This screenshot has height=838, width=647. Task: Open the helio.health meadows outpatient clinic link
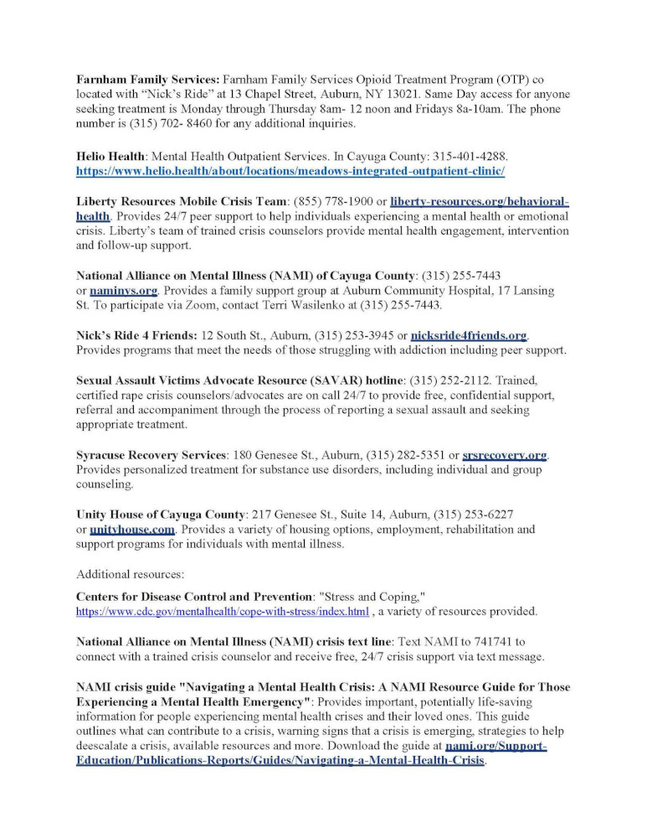click(290, 171)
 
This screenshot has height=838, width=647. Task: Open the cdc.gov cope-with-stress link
click(222, 612)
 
